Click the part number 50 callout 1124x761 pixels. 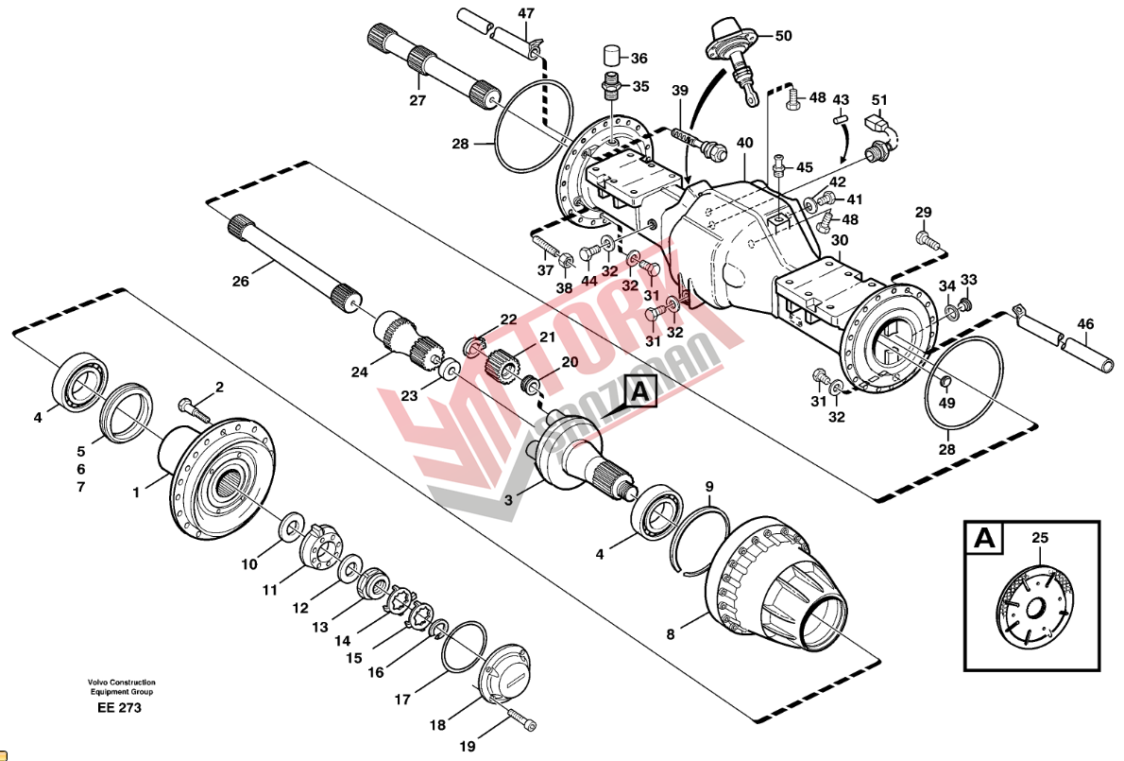784,35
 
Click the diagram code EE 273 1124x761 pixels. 120,708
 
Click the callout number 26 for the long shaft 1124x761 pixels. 240,281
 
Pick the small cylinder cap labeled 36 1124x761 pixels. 611,55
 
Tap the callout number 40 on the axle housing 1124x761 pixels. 745,143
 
